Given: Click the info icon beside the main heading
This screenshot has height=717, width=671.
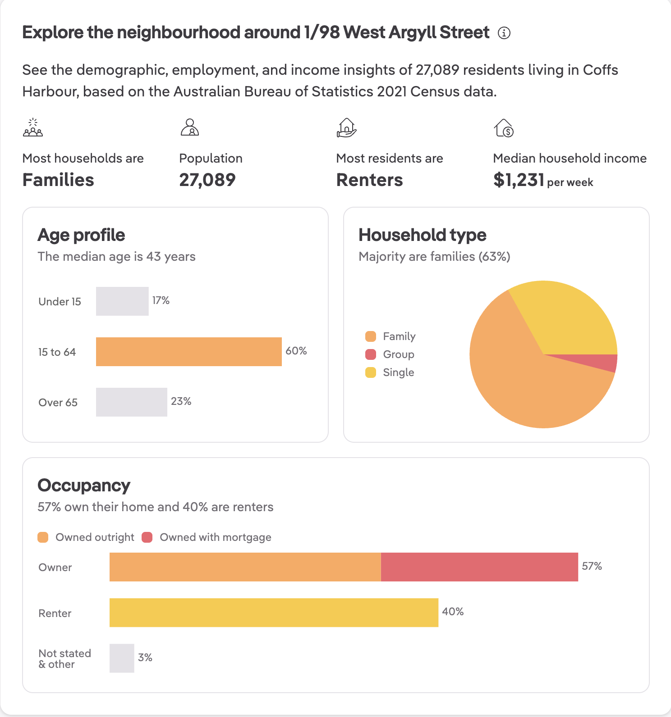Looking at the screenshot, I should (504, 33).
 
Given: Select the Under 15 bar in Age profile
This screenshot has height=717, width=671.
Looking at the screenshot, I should (122, 301).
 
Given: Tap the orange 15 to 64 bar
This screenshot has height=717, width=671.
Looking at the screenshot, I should (188, 352).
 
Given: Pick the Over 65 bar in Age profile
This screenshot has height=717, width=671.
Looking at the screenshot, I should (131, 402).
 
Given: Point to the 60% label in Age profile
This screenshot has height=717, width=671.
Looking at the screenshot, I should (296, 351).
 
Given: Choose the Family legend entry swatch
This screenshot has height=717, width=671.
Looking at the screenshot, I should (371, 336).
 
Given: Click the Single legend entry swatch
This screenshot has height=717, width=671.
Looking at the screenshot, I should (371, 372).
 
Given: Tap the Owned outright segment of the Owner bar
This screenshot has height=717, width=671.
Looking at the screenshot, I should (245, 567).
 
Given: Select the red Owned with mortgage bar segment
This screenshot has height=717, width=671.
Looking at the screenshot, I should (479, 567).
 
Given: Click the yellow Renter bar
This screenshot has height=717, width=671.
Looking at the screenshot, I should (274, 613).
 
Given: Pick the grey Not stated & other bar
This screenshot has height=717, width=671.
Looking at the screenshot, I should (122, 658).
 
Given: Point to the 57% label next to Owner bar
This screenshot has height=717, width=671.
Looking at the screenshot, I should (592, 566).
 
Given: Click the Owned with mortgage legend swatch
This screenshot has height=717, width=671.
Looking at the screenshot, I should (147, 537).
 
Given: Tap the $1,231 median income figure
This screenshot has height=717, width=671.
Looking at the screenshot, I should (519, 180).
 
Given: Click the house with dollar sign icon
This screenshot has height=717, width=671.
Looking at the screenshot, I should (504, 128).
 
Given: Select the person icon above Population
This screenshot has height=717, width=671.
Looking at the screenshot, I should (190, 127).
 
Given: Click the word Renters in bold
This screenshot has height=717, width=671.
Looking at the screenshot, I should (370, 180).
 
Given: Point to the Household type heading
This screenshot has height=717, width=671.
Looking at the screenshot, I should (423, 235).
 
